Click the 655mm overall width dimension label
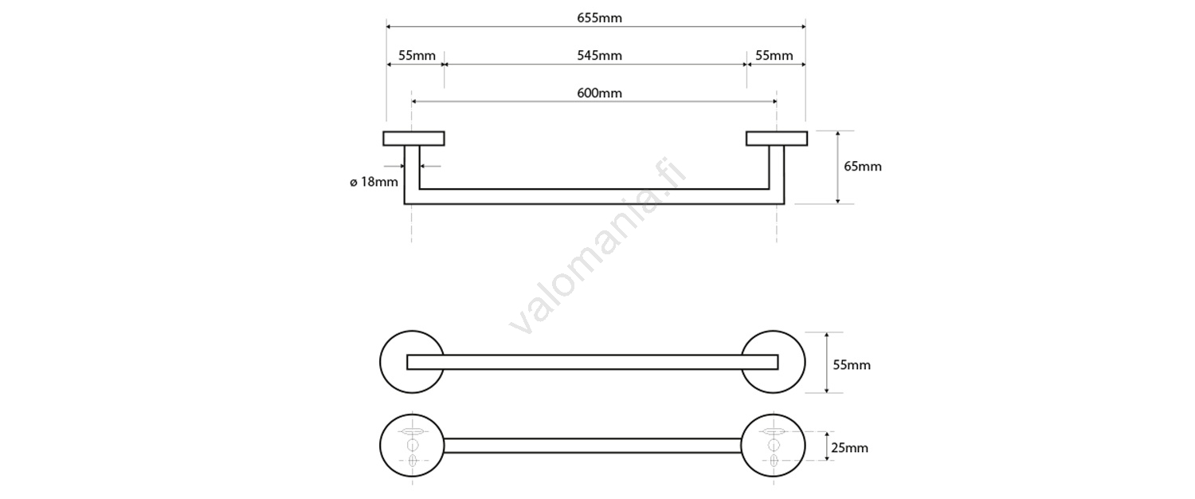click(x=599, y=18)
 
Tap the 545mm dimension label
click(x=599, y=56)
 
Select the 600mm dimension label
click(x=599, y=93)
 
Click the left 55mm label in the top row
click(x=417, y=56)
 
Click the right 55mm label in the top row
click(x=774, y=56)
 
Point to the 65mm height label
click(x=863, y=167)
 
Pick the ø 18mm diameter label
click(x=374, y=182)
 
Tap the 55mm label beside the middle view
click(x=852, y=365)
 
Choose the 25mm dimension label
click(x=849, y=448)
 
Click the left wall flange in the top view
click(x=413, y=139)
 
